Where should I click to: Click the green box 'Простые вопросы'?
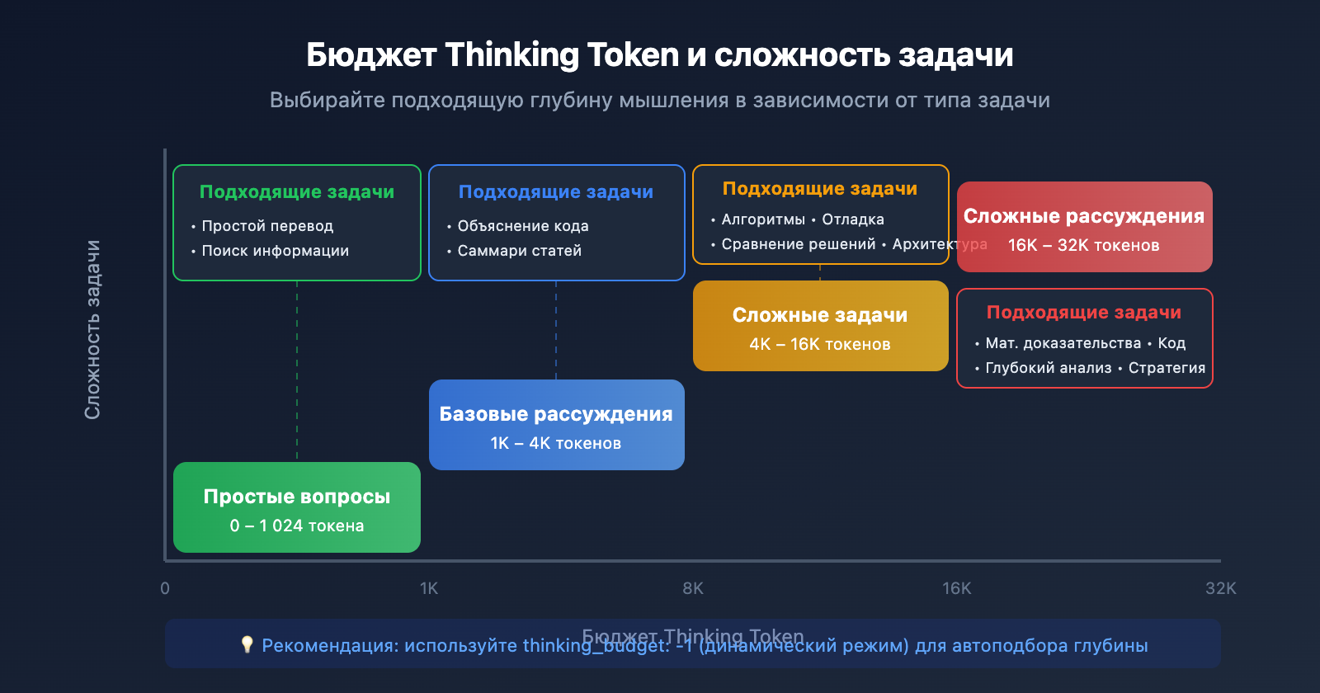296,507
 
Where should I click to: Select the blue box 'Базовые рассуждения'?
556,425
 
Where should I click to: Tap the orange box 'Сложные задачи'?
820,326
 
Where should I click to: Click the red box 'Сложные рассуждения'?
1084,227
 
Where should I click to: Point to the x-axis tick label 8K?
693,588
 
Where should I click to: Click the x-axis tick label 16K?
957,588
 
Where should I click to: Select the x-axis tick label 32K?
1220,588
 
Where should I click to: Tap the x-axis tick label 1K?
429,588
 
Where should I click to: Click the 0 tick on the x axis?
165,588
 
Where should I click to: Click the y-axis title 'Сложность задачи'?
92,330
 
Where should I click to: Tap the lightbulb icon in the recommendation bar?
247,644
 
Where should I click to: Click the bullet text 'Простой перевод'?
267,226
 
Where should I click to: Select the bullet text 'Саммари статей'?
519,251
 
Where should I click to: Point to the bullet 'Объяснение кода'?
523,226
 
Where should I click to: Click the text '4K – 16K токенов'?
820,345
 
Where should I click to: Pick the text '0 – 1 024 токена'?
296,526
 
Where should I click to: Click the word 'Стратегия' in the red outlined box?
1167,368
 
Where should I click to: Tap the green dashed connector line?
297,371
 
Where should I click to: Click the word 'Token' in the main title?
633,55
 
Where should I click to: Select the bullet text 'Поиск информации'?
275,251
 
